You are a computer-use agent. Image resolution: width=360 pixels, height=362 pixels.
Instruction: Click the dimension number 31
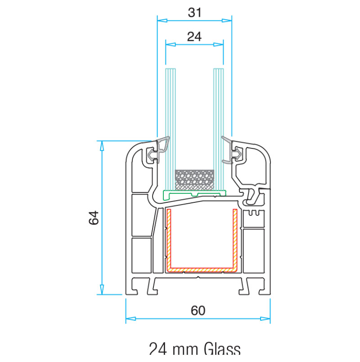pyautogui.click(x=194, y=13)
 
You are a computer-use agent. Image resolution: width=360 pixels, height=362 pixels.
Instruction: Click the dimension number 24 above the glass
pyautogui.click(x=194, y=37)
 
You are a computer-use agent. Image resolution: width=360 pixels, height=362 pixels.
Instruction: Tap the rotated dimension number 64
pyautogui.click(x=94, y=218)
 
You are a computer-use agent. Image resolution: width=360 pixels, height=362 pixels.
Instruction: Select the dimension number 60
pyautogui.click(x=198, y=311)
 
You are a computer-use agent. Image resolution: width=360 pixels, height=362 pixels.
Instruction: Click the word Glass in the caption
pyautogui.click(x=222, y=349)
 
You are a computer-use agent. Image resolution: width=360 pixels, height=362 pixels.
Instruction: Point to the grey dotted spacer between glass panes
pyautogui.click(x=194, y=180)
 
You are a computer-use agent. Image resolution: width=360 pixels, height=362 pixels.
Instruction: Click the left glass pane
pyautogui.click(x=171, y=130)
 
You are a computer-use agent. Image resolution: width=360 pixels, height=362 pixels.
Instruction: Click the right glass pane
pyautogui.click(x=218, y=130)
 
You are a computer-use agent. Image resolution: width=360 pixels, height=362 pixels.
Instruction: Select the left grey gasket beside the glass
pyautogui.click(x=159, y=150)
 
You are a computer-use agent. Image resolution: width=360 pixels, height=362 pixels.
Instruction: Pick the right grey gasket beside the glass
pyautogui.click(x=232, y=150)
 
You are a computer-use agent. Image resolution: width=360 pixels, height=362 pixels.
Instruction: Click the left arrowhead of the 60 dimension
pyautogui.click(x=130, y=319)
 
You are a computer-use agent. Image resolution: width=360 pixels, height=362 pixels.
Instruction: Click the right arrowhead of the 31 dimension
pyautogui.click(x=227, y=21)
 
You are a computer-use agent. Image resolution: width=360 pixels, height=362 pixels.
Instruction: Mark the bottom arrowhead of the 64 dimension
pyautogui.click(x=102, y=290)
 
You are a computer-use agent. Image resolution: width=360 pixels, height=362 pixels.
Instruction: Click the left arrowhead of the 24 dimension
pyautogui.click(x=171, y=45)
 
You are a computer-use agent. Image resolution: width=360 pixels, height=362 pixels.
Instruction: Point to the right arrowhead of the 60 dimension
pyautogui.click(x=265, y=319)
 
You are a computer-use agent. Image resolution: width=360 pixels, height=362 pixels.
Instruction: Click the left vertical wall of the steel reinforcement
pyautogui.click(x=169, y=239)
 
